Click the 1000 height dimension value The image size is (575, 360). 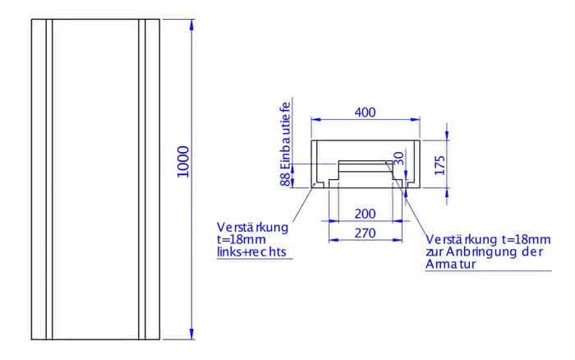coord(183,162)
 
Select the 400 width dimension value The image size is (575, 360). coord(366,113)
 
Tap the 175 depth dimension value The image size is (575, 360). coord(439,165)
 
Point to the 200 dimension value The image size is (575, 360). coord(366,214)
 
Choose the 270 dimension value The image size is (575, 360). coord(366,233)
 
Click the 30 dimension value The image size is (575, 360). coord(398,158)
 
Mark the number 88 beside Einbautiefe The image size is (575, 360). coord(286,179)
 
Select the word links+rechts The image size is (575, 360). coord(251,252)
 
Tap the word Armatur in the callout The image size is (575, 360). coord(451,264)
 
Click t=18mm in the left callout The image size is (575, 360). coord(241,240)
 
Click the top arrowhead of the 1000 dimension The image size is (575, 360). coord(191,25)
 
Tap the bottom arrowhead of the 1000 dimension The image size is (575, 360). coord(191,334)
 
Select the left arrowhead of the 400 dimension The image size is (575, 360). coord(316,119)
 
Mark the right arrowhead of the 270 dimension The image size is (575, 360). coord(397,240)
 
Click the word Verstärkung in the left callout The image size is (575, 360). coord(253,228)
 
